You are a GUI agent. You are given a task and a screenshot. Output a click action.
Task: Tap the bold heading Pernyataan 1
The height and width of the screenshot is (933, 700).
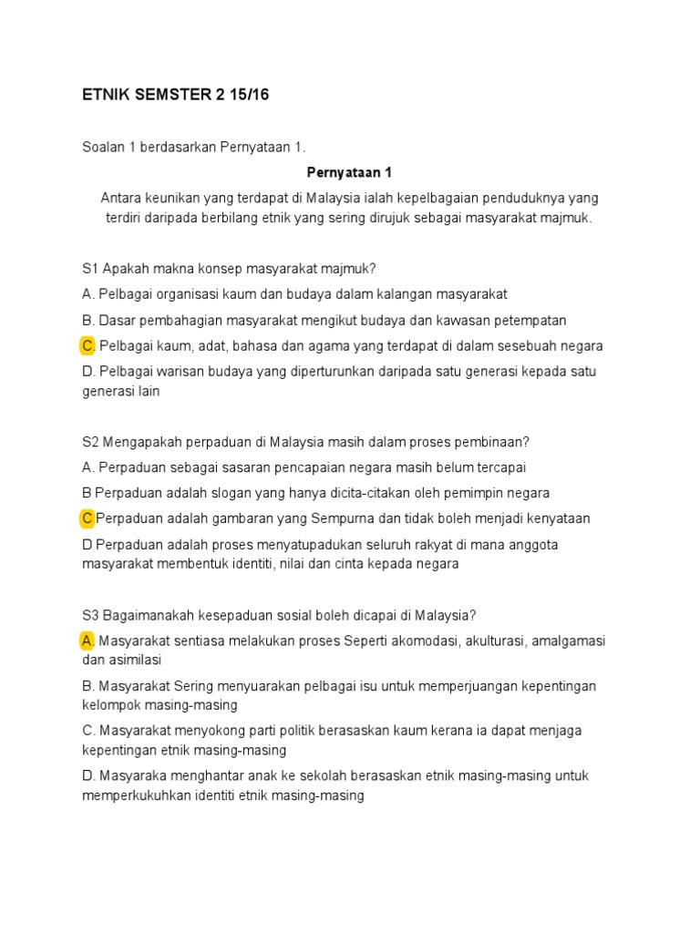pyautogui.click(x=349, y=171)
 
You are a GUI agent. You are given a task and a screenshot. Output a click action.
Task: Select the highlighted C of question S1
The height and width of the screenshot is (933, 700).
pyautogui.click(x=88, y=345)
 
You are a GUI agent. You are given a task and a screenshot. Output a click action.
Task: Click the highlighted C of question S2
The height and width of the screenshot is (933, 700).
pyautogui.click(x=87, y=518)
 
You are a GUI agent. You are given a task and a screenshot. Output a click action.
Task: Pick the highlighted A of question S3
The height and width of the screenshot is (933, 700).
pyautogui.click(x=88, y=641)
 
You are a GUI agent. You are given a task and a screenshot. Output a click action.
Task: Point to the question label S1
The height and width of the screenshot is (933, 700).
pyautogui.click(x=90, y=269)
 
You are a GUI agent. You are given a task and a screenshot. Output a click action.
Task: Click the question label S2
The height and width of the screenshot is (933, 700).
pyautogui.click(x=90, y=442)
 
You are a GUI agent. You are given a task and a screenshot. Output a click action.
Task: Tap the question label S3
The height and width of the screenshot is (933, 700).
pyautogui.click(x=90, y=615)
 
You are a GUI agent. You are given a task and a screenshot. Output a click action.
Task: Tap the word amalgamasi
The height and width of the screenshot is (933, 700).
pyautogui.click(x=568, y=641)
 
